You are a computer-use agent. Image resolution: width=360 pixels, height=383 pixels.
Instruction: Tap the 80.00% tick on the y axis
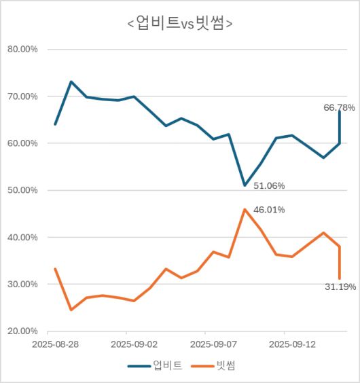click(x=23, y=50)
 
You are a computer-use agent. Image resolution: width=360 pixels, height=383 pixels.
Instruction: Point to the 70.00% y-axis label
click(x=23, y=96)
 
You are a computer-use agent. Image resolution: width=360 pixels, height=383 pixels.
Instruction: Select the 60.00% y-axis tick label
click(x=23, y=143)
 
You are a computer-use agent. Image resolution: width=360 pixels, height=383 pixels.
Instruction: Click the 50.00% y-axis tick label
click(x=23, y=190)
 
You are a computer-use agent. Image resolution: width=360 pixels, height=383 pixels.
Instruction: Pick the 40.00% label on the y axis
click(x=23, y=238)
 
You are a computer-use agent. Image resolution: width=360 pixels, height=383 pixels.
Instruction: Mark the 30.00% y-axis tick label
click(x=23, y=285)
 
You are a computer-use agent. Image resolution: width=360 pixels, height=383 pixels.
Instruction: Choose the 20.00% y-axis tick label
click(x=23, y=331)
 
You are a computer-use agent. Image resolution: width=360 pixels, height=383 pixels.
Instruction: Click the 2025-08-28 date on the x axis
click(x=55, y=344)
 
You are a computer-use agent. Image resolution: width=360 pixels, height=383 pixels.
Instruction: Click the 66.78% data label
click(x=339, y=107)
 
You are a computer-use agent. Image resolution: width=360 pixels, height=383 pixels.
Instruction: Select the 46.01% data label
click(x=269, y=210)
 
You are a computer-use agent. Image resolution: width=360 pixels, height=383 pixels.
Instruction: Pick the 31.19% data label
click(x=339, y=287)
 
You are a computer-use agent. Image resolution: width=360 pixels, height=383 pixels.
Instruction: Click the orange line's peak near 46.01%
click(x=245, y=209)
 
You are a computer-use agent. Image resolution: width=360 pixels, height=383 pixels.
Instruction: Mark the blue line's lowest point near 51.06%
click(x=245, y=185)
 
